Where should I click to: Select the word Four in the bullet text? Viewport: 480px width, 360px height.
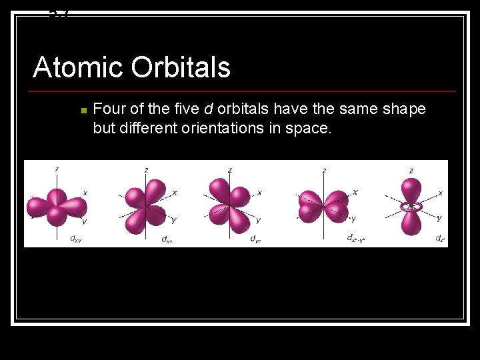[x=108, y=109]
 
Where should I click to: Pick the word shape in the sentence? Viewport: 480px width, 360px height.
[x=404, y=109]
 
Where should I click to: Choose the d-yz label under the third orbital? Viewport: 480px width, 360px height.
[x=254, y=239]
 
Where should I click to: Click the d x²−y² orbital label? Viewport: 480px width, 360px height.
[x=355, y=238]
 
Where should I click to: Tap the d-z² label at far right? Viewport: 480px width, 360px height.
[x=440, y=238]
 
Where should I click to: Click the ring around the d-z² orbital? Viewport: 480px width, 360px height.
[x=411, y=207]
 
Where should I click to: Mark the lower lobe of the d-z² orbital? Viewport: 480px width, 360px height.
[x=411, y=223]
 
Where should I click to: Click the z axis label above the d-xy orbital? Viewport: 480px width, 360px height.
[x=57, y=169]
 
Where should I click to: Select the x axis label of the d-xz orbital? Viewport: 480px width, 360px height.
[x=175, y=193]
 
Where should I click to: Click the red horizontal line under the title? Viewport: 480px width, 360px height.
[x=244, y=91]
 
